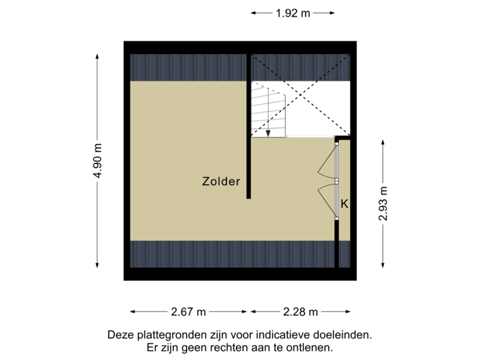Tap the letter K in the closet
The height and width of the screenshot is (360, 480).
[344, 204]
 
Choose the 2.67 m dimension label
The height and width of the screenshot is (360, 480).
[189, 311]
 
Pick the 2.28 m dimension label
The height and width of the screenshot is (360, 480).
[301, 311]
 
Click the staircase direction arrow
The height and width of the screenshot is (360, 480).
[268, 132]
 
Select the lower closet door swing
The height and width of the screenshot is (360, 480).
[327, 199]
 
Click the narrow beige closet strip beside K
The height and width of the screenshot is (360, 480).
[344, 227]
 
